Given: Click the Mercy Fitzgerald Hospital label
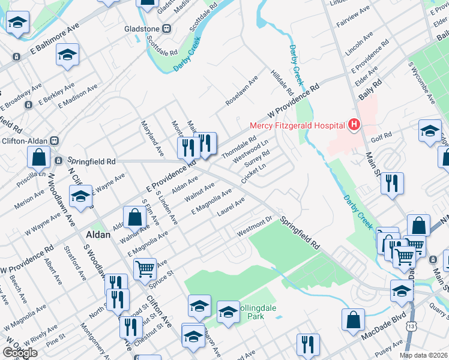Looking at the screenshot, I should click(297, 125).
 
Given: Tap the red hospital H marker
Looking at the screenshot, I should click(354, 125).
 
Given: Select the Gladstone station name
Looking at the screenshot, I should click(142, 29).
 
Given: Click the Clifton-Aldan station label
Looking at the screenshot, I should click(23, 140).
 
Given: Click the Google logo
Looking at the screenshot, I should click(20, 353).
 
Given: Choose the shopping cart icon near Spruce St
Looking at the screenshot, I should click(145, 269).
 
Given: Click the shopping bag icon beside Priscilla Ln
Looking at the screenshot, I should click(38, 158).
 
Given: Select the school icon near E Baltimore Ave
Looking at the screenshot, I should click(68, 55).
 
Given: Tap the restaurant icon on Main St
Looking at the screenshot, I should click(392, 184).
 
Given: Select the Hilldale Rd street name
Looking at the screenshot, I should click(282, 85).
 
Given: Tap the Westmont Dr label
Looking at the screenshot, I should click(255, 227).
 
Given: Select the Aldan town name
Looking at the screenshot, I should click(98, 235).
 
